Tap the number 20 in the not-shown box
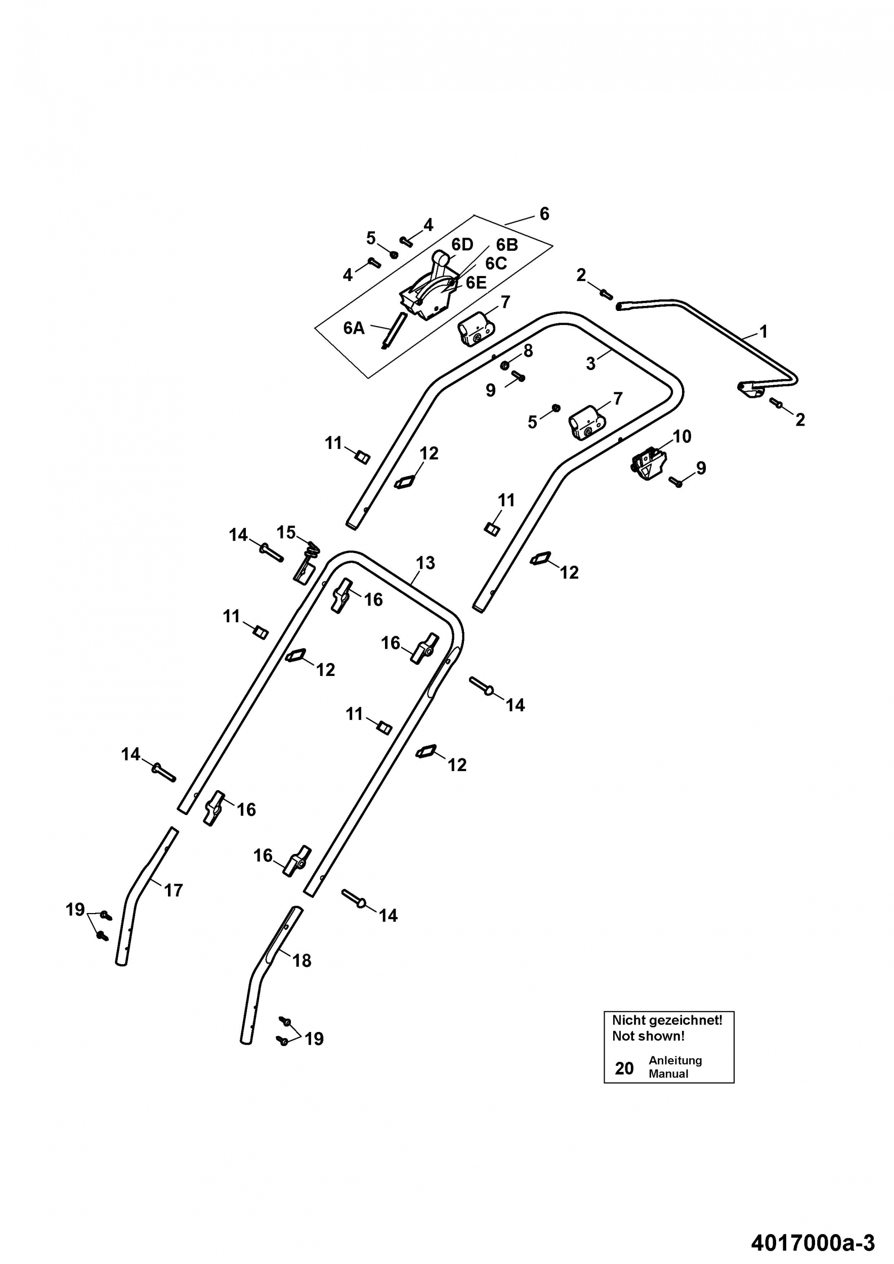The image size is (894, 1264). point(624,1068)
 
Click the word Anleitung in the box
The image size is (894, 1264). point(675,1060)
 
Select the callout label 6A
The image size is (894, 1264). point(354,328)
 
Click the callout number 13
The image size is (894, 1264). point(425,563)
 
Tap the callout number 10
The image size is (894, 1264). point(682,436)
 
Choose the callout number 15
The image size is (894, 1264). point(286,532)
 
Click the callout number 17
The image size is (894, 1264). point(174,890)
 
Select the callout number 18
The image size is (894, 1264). point(302,961)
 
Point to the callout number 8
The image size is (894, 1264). point(528,351)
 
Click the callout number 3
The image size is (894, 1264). point(590,364)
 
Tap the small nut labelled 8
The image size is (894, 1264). point(504,366)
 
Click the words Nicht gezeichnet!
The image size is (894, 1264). point(667,1020)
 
